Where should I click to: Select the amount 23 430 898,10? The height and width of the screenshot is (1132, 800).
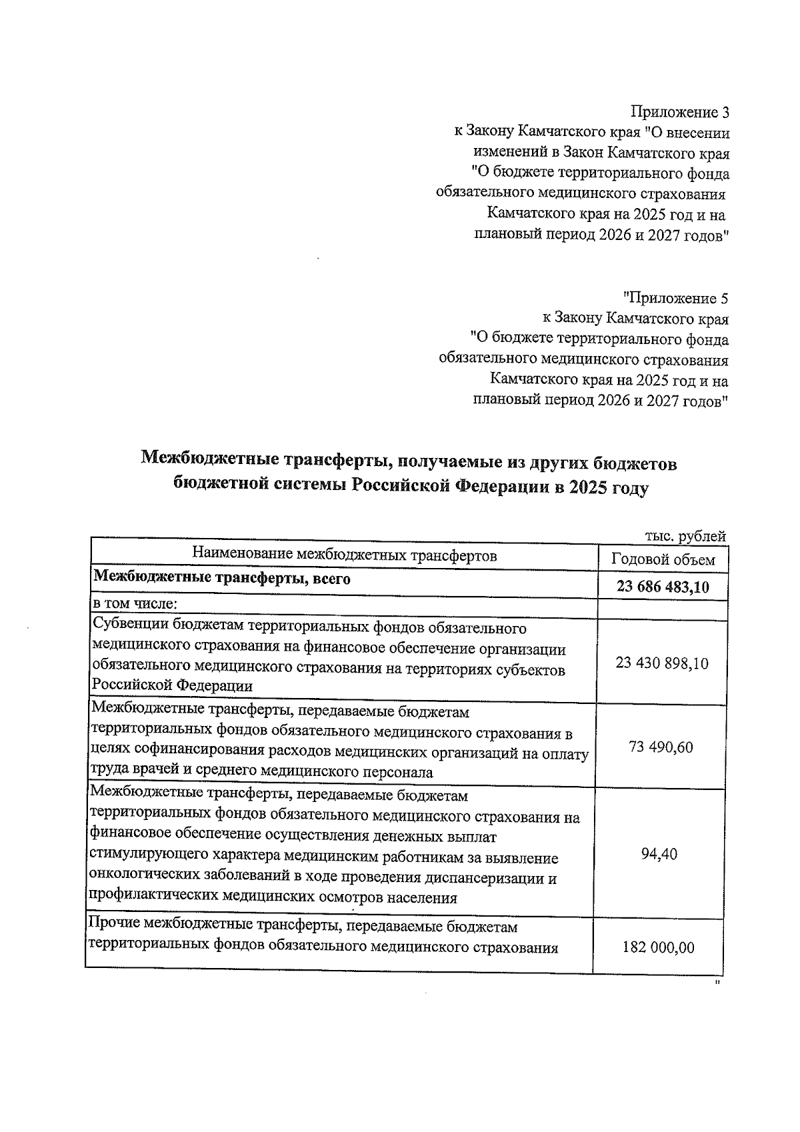[662, 663]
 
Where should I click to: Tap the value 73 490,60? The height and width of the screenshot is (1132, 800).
[661, 747]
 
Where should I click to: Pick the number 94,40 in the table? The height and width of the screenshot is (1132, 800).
[659, 854]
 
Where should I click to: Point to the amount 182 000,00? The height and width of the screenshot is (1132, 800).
[658, 947]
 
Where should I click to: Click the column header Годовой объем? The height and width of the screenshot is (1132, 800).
[663, 560]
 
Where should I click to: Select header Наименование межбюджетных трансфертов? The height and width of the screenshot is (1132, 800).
[345, 555]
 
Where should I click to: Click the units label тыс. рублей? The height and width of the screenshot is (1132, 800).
[685, 536]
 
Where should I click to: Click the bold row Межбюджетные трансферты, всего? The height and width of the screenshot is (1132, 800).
[222, 578]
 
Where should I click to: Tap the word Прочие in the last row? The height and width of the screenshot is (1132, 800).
[114, 926]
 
